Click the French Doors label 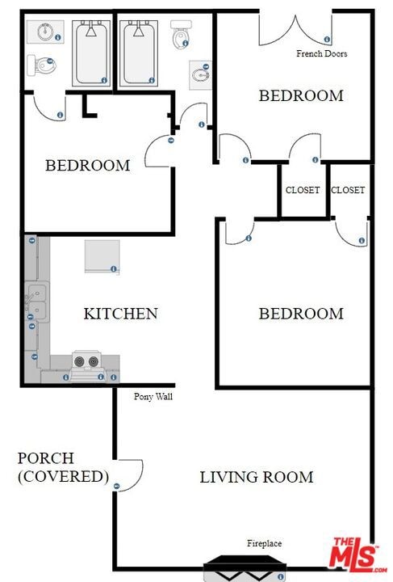pos(321,54)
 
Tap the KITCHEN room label pos(121,314)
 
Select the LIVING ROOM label pos(257,477)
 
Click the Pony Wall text pos(153,396)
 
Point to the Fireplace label pos(265,543)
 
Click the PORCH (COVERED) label pos(63,467)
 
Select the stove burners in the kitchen pos(86,361)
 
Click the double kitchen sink pos(37,302)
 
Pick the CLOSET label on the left pos(303,190)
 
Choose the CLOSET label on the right pos(348,190)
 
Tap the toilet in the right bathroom pos(181,35)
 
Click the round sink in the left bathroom pos(45,32)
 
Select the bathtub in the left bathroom pos(91,53)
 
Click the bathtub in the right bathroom pos(139,53)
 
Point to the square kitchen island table pos(102,256)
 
